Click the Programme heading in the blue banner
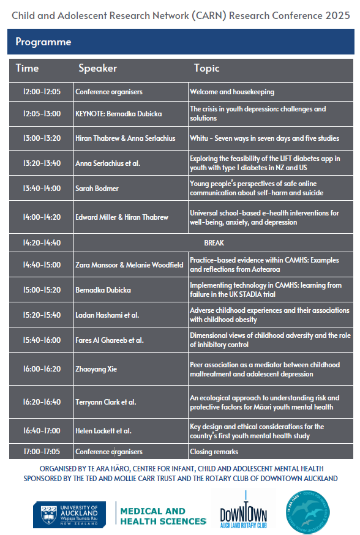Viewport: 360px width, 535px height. [x=43, y=42]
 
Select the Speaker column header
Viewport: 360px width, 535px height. [x=98, y=68]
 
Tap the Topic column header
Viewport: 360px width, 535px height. [x=206, y=68]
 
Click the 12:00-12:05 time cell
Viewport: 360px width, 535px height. [x=42, y=92]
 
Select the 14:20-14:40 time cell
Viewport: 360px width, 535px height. [x=42, y=242]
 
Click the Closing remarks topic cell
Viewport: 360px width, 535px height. [x=214, y=452]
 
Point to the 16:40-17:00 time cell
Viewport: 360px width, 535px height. [x=42, y=431]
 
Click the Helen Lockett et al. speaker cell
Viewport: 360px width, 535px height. [x=103, y=431]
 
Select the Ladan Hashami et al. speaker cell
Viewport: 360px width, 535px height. [x=107, y=315]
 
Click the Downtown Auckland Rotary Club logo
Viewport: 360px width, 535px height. [x=243, y=509]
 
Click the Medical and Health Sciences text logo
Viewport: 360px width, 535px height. [x=163, y=516]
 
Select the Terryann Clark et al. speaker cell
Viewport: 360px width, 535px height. [x=105, y=402]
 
